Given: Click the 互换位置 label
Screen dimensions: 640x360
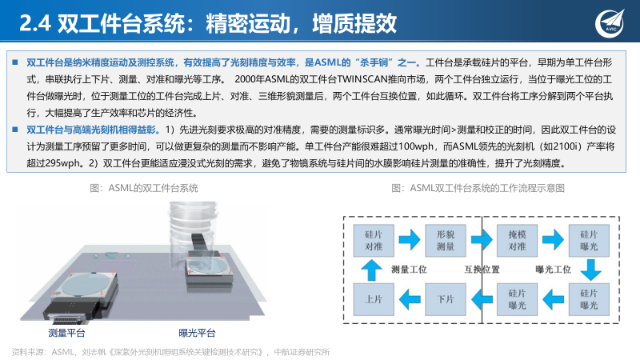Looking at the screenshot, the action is [482, 270].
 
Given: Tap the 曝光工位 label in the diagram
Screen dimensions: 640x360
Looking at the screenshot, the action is [552, 270].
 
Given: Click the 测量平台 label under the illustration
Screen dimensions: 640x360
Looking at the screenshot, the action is [67, 332].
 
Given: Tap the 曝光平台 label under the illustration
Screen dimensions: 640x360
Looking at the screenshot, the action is [197, 332].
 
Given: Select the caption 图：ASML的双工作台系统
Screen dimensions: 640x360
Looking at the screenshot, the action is [144, 188].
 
